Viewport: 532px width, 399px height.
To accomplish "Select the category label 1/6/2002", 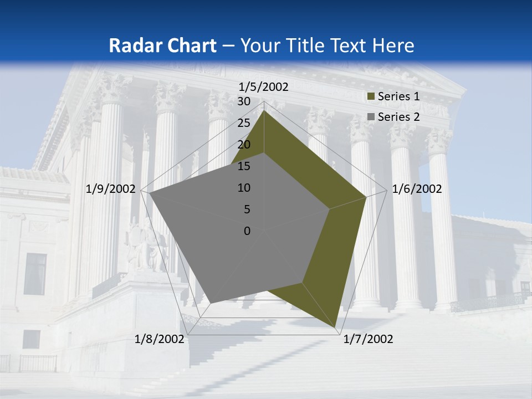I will coord(417,189).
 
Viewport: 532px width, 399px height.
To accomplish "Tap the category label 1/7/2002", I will coord(368,339).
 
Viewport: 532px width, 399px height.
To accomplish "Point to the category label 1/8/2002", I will coord(159,339).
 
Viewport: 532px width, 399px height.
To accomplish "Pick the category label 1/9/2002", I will coord(111,189).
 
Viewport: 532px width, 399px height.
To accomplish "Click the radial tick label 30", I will coord(244,101).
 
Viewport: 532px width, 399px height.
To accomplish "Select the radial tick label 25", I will coord(244,123).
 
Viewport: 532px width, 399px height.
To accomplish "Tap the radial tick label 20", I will coord(244,145).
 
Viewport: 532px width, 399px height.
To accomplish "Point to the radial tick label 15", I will coord(244,166).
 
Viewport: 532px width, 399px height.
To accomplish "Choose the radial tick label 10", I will coord(244,188).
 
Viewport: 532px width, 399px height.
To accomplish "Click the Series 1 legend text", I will coord(398,96).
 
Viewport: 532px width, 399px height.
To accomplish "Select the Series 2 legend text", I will coord(398,117).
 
